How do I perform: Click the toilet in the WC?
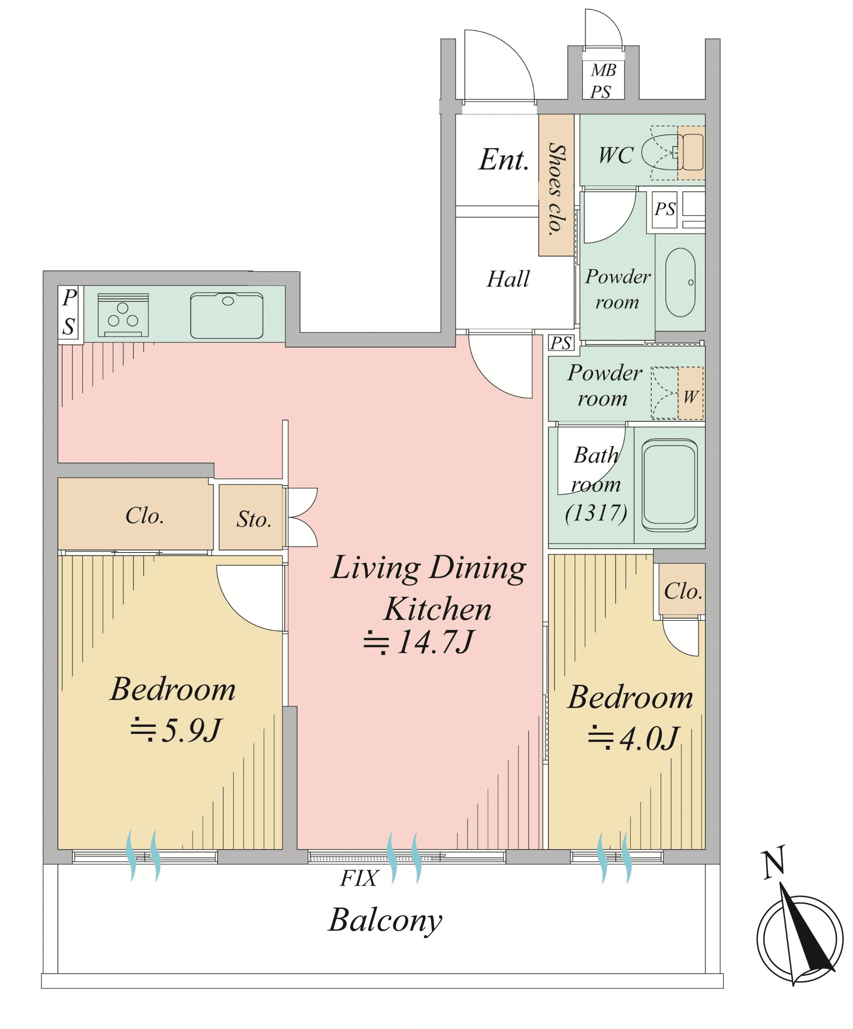point(673,152)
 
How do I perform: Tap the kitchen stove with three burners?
point(123,315)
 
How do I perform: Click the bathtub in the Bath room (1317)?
point(669,485)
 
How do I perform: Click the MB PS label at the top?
point(602,81)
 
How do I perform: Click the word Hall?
point(508,279)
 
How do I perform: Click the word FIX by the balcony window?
point(359,878)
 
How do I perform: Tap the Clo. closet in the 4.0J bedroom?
point(682,590)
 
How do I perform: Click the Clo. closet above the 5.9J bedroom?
point(136,514)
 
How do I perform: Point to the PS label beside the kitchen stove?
point(69,312)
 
